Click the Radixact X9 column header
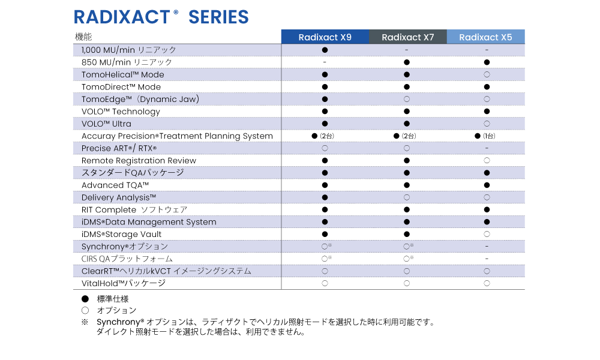(x=325, y=37)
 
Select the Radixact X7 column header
(x=408, y=37)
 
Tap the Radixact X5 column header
(x=485, y=37)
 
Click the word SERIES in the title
(x=218, y=17)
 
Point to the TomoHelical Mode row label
(x=123, y=74)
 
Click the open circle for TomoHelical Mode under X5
(x=487, y=74)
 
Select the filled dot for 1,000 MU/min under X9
(x=325, y=50)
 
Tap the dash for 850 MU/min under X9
(x=325, y=62)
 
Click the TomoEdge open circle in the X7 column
(x=407, y=99)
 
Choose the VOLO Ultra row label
(x=106, y=124)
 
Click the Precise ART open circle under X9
(x=325, y=148)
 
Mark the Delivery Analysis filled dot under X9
(x=325, y=197)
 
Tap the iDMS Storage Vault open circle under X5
(x=487, y=234)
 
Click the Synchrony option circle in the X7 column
(x=407, y=247)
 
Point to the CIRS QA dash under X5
(x=487, y=259)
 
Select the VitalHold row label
(x=124, y=283)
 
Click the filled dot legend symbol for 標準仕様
(x=85, y=299)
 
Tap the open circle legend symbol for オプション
(x=85, y=310)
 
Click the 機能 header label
(x=83, y=37)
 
